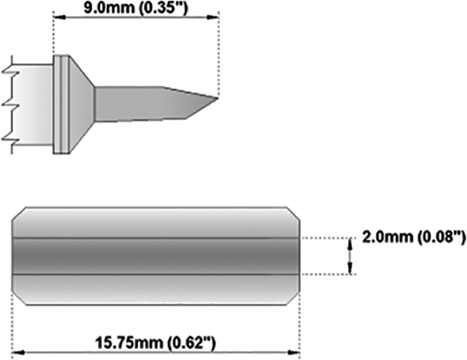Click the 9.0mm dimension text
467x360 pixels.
108,7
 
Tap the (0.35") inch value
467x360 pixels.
162,8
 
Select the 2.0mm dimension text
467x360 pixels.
388,237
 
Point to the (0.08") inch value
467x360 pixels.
441,238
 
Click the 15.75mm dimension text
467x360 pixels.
129,343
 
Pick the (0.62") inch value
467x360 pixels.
191,343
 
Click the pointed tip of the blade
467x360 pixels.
218,98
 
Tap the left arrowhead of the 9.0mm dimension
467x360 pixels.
60,17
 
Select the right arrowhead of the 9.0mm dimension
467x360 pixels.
212,17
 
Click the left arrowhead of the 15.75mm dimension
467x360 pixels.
17,352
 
